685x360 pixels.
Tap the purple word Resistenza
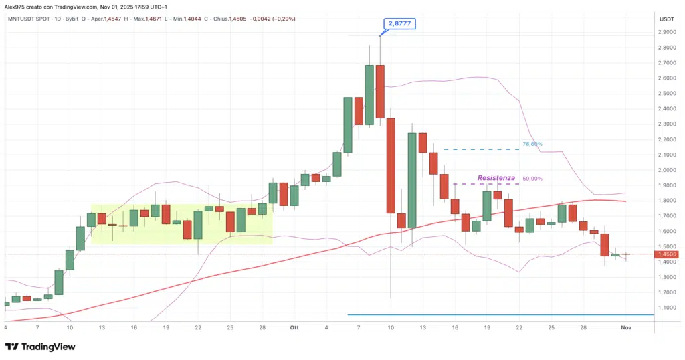496,178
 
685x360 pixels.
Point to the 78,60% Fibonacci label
532,144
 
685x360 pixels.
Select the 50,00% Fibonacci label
532,179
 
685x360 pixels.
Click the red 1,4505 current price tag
667,254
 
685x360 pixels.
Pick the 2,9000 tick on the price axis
666,32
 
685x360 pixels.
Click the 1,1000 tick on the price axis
666,308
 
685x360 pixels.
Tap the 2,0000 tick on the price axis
666,170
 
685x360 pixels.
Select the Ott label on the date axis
294,327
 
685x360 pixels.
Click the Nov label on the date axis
625,327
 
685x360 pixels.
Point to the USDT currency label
666,19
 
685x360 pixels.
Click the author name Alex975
15,6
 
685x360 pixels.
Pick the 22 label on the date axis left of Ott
198,327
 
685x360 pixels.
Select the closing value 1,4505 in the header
240,19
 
